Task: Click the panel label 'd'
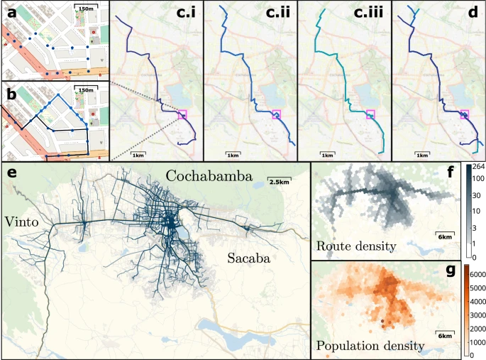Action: pyautogui.click(x=470, y=12)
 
